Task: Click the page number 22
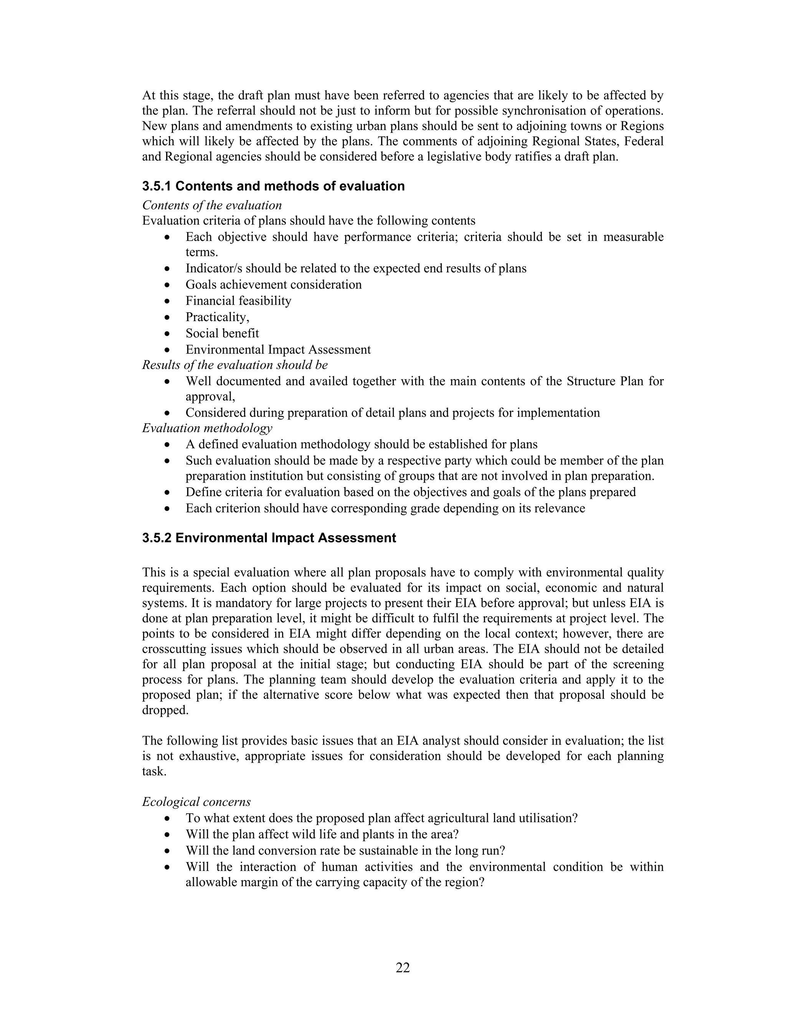[x=402, y=968]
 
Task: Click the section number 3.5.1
[x=157, y=186]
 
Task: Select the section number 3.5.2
[x=157, y=538]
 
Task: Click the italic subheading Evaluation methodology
[x=207, y=428]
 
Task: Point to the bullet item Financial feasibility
[x=238, y=301]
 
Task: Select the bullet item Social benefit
[x=222, y=333]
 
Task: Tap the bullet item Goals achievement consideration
[x=273, y=284]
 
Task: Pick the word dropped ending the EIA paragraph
[x=164, y=710]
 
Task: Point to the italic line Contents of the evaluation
[x=212, y=205]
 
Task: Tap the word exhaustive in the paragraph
[x=209, y=756]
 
